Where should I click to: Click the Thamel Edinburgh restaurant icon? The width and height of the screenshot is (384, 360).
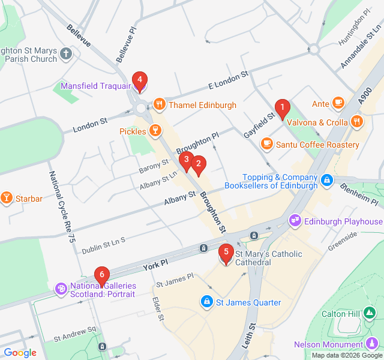pyautogui.click(x=159, y=105)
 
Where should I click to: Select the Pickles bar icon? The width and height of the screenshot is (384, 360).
pyautogui.click(x=155, y=131)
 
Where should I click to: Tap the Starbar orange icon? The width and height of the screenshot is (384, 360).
pyautogui.click(x=7, y=198)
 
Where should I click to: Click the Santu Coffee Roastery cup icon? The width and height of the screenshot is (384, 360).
pyautogui.click(x=266, y=145)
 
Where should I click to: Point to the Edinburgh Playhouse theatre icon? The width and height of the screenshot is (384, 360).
pyautogui.click(x=295, y=221)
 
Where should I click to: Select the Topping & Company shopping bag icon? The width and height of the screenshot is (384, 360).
pyautogui.click(x=326, y=179)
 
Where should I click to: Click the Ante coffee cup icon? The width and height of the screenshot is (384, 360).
pyautogui.click(x=338, y=104)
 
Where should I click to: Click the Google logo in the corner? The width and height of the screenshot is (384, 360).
pyautogui.click(x=20, y=353)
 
